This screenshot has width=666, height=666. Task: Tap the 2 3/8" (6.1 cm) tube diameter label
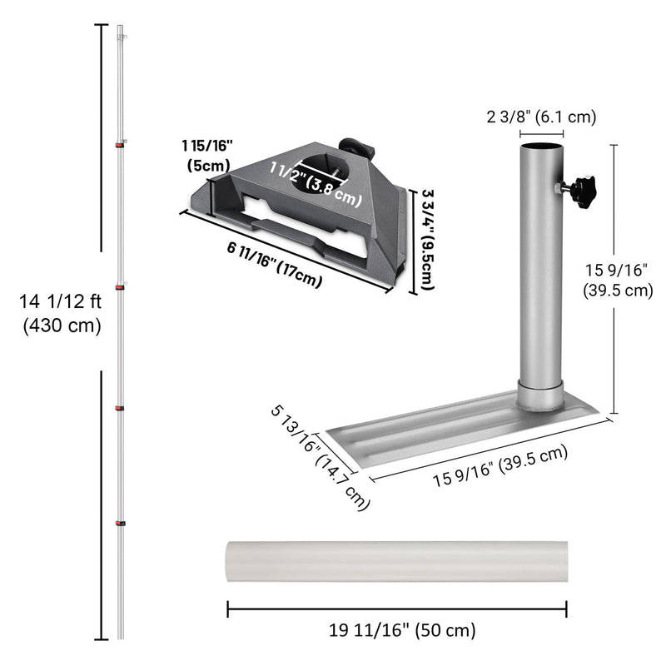[x=541, y=117]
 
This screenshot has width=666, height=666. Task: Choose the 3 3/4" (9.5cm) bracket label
[x=425, y=241]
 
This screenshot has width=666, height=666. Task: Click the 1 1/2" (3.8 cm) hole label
[x=316, y=184]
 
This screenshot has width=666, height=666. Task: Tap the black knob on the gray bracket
[x=362, y=147]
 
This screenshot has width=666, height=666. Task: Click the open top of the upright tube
[x=541, y=147]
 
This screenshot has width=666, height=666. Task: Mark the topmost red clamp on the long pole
[x=121, y=145]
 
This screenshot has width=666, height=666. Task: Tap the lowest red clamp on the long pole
[x=121, y=523]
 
